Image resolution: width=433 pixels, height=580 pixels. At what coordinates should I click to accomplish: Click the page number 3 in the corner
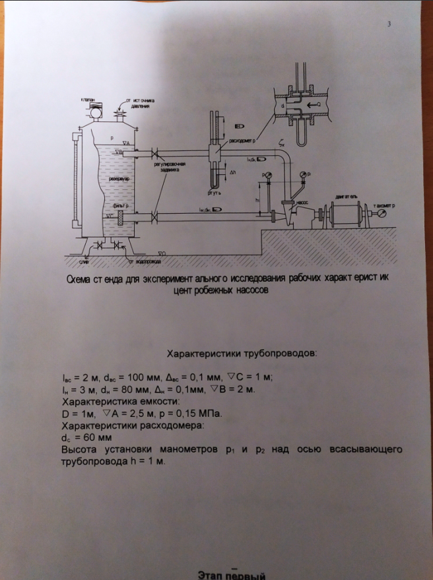tap(389, 24)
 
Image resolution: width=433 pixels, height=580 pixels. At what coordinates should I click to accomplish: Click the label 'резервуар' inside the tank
tap(119, 179)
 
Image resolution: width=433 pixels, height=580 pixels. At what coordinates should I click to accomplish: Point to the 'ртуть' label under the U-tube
tap(213, 194)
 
